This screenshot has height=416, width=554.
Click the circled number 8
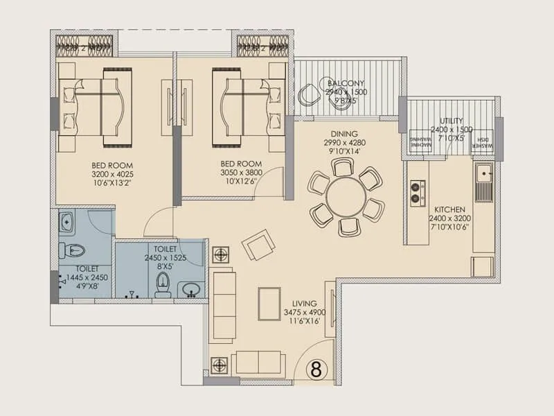click(316, 369)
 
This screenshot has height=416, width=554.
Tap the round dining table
click(345, 198)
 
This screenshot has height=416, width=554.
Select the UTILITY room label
click(451, 121)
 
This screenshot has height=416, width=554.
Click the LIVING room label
click(305, 303)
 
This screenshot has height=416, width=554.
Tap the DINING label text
click(343, 134)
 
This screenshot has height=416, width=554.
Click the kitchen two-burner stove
click(417, 192)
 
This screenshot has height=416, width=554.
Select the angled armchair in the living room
click(258, 244)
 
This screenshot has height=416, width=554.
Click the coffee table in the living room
click(269, 304)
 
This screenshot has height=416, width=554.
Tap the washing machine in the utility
click(420, 141)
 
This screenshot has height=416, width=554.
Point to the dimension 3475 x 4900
click(305, 312)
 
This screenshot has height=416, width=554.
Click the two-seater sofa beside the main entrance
click(257, 363)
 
